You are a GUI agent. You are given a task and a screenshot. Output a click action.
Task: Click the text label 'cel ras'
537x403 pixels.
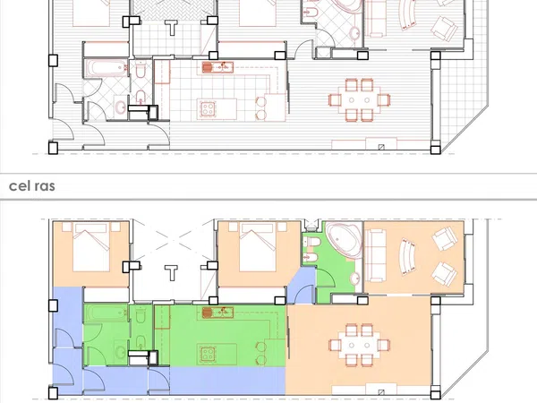pyautogui.click(x=32, y=185)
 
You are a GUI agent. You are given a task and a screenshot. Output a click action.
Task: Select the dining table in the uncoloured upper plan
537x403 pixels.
pyautogui.click(x=359, y=100)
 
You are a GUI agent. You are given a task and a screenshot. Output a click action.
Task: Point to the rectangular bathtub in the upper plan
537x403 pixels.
pyautogui.click(x=106, y=69)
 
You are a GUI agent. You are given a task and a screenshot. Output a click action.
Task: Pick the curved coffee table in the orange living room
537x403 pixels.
pyautogui.click(x=408, y=257)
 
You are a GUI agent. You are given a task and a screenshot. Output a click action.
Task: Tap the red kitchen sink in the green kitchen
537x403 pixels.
pyautogui.click(x=217, y=313)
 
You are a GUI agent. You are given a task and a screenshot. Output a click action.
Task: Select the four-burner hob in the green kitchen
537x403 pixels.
pyautogui.click(x=208, y=354)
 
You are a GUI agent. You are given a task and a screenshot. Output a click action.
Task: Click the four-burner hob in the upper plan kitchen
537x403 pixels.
pyautogui.click(x=208, y=108)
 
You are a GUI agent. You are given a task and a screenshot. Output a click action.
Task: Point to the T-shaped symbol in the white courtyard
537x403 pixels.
pyautogui.click(x=171, y=272)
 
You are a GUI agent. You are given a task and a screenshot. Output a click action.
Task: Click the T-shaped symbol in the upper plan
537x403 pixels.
pyautogui.click(x=171, y=28)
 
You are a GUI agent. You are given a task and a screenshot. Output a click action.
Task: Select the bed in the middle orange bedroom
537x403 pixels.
pyautogui.click(x=258, y=247)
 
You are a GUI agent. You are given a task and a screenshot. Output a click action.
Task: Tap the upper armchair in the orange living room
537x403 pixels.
pyautogui.click(x=445, y=238)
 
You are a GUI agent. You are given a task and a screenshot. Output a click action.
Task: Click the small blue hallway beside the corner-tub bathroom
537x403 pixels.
pyautogui.click(x=302, y=286)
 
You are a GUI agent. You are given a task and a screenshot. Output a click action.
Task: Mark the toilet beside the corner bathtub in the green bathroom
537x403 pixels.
pyautogui.click(x=312, y=242)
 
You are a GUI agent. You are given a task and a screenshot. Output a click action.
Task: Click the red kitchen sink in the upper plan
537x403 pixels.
pyautogui.click(x=217, y=67)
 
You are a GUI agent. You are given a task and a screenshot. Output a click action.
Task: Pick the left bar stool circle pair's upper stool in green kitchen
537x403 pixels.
pyautogui.click(x=261, y=347)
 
